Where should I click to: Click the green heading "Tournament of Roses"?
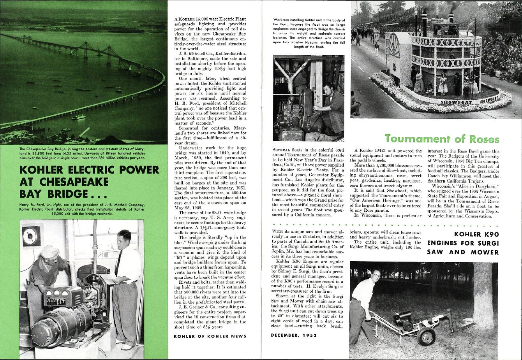point(442,139)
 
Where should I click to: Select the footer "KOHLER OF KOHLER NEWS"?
point(210,336)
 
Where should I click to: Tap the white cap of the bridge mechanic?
point(49,250)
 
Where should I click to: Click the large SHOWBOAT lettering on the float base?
point(456,102)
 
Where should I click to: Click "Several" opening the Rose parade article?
point(282,150)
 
